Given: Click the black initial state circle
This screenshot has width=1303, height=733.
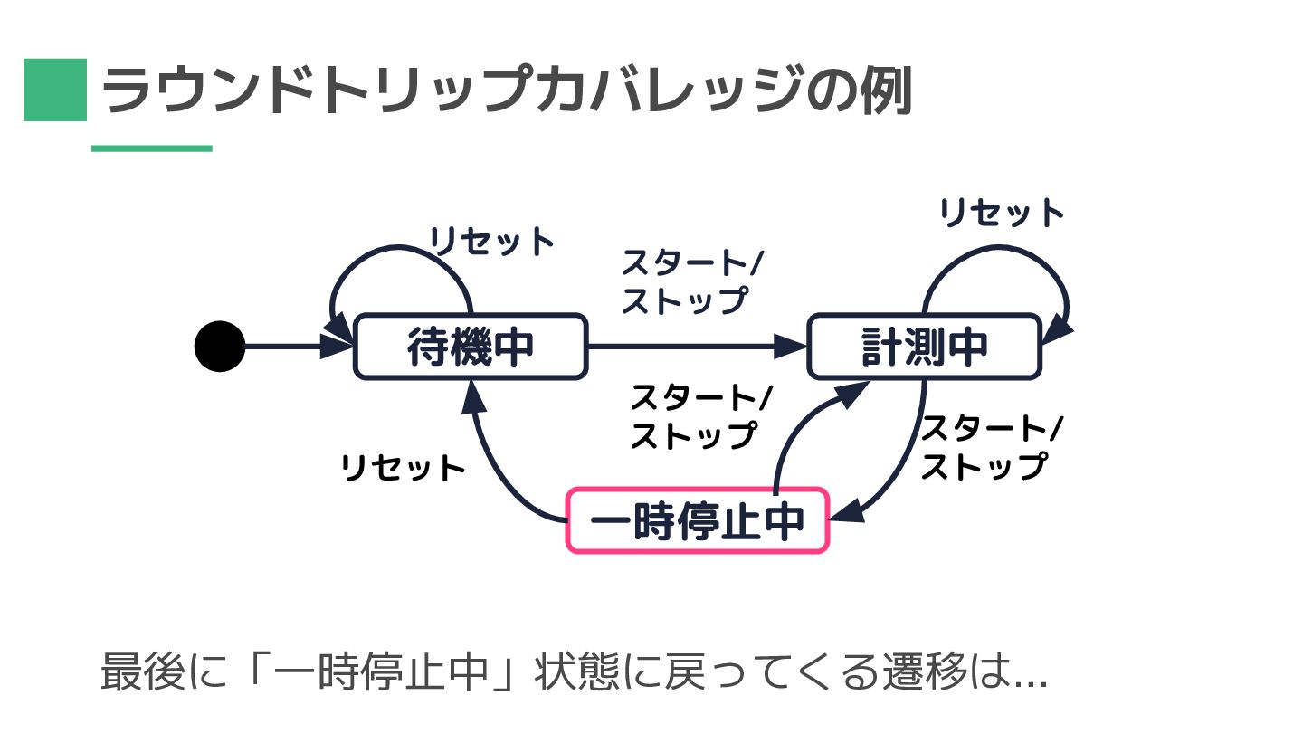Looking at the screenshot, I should [220, 346].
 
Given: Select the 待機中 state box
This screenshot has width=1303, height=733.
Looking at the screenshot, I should [470, 347].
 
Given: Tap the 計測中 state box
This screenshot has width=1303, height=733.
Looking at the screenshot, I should [924, 347].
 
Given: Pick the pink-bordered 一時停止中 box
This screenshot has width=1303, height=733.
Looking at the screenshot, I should [697, 520].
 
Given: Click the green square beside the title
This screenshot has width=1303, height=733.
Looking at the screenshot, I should [54, 90].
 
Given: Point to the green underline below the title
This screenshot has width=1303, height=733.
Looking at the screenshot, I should [151, 148].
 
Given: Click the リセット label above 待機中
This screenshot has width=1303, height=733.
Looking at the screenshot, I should [491, 242].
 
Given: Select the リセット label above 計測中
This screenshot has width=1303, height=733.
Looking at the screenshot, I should [1002, 213].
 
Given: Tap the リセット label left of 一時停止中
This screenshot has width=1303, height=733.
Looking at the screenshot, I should [402, 468].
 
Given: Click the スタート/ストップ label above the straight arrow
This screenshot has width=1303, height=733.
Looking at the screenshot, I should [692, 282].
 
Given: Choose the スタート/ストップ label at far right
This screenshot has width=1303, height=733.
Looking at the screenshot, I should [991, 447].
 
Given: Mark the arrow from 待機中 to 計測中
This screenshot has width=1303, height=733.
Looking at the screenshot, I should [697, 346].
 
